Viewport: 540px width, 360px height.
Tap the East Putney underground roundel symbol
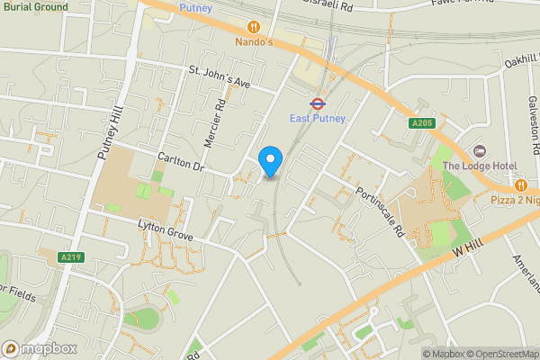(x=317, y=103)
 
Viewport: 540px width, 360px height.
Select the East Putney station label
(x=317, y=118)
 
